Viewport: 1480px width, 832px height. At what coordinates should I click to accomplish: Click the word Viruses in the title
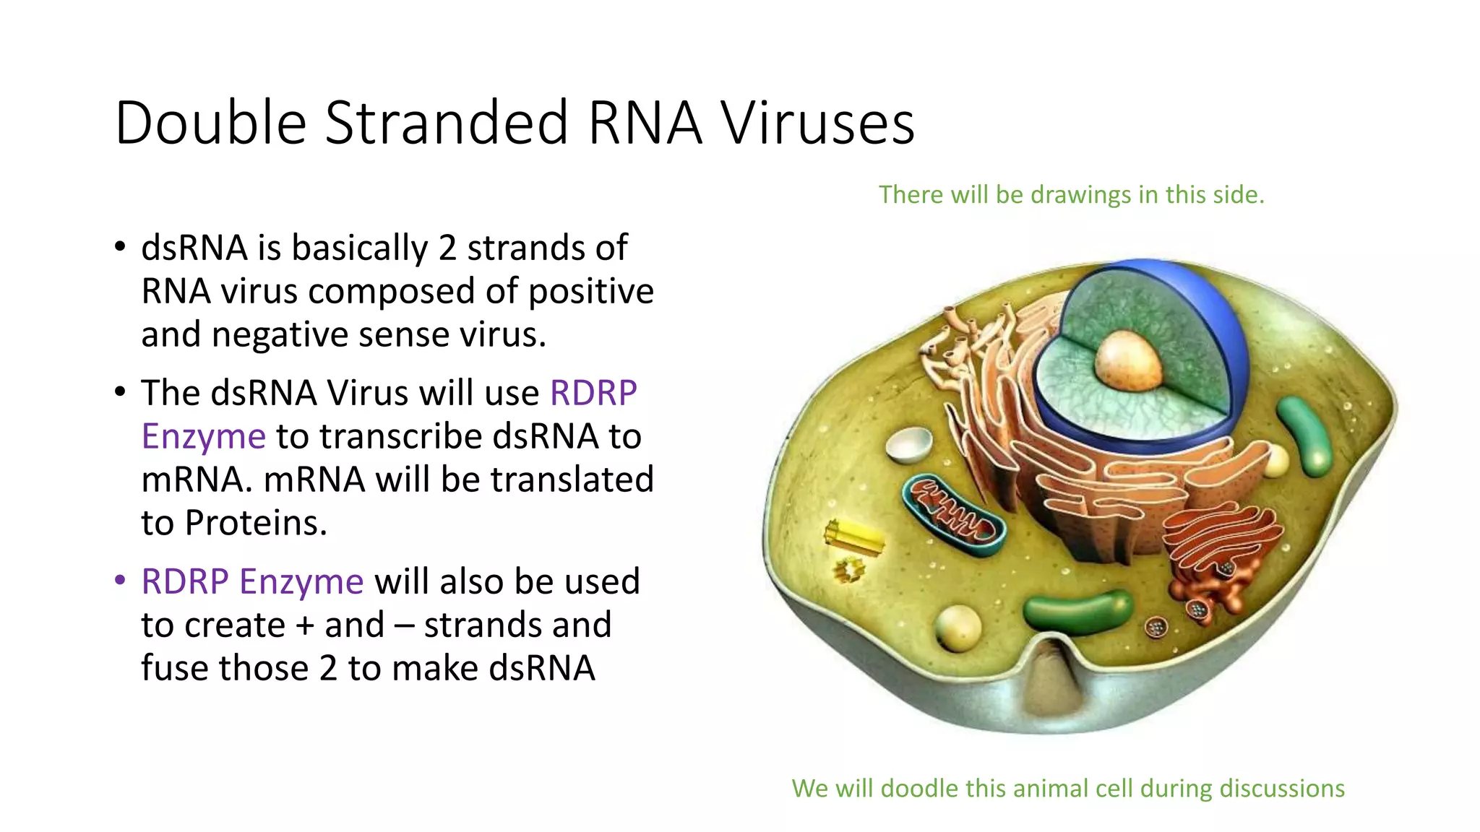click(x=818, y=123)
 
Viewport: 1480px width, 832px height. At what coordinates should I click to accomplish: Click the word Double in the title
click(x=210, y=123)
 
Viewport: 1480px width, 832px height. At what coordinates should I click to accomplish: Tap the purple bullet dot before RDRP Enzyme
click(x=121, y=581)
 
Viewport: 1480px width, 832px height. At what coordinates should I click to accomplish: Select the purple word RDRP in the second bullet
click(x=593, y=394)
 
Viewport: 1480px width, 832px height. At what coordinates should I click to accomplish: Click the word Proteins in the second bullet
click(x=256, y=523)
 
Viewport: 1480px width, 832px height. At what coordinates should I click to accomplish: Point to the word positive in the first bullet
click(x=590, y=292)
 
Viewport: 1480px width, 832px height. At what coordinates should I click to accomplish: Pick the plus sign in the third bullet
click(x=305, y=625)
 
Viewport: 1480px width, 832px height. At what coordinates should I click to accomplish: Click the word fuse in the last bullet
click(x=174, y=668)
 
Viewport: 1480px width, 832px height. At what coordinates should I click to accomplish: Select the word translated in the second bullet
click(x=572, y=480)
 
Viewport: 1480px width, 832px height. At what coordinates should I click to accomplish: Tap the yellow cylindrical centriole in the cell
click(x=854, y=537)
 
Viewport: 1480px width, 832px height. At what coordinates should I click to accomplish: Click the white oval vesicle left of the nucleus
click(x=909, y=444)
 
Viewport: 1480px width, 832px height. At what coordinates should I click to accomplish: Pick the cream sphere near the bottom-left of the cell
click(x=958, y=626)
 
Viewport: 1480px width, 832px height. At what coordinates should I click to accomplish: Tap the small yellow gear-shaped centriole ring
click(x=848, y=571)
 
